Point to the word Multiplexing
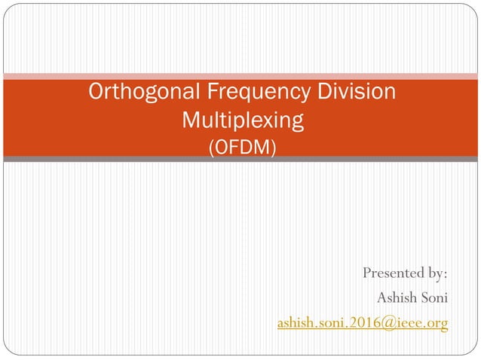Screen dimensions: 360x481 tap(242, 120)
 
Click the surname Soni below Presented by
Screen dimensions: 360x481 tap(434, 297)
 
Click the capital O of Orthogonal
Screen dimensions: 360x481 tap(97, 93)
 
